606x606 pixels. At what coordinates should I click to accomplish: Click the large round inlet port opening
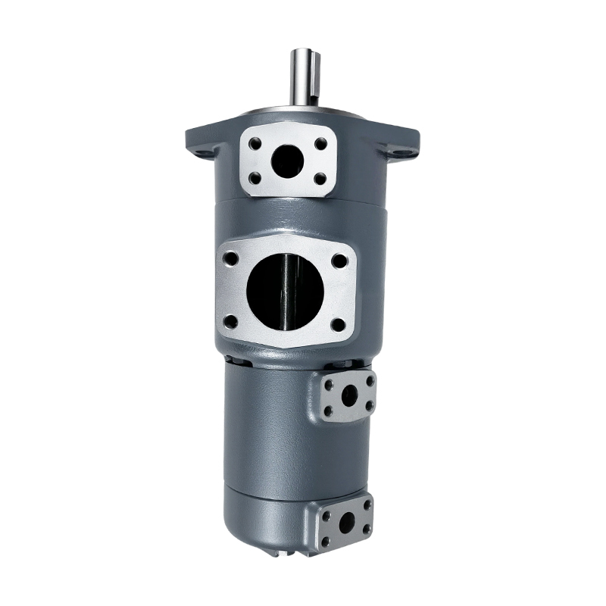[x=285, y=290]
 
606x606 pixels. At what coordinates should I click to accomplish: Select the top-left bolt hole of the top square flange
[x=255, y=142]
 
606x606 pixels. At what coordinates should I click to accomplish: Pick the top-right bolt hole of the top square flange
[x=321, y=142]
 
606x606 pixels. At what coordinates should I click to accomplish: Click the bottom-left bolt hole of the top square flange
[x=255, y=179]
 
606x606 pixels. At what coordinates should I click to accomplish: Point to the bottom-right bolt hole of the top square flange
[x=321, y=179]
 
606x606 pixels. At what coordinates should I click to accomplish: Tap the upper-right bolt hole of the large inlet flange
[x=339, y=261]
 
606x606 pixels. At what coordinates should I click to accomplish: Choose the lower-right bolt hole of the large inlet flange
[x=339, y=324]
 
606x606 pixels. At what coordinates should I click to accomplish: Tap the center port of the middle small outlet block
[x=348, y=395]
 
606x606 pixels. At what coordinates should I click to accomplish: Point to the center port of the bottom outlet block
[x=346, y=523]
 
